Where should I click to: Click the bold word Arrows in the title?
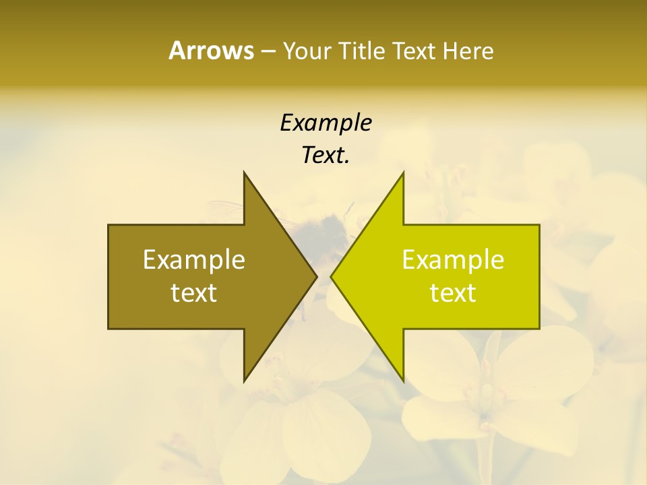click(211, 51)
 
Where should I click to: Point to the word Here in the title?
click(468, 51)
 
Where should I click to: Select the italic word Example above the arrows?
click(326, 123)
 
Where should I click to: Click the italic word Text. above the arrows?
click(326, 156)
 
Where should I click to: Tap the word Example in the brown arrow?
click(194, 259)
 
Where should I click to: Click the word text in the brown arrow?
click(194, 293)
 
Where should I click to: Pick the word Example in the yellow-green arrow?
click(453, 259)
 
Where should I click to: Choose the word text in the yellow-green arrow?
click(453, 293)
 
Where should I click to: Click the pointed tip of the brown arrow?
click(315, 276)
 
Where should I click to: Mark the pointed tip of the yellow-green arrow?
click(332, 276)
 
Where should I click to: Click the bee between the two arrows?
click(327, 229)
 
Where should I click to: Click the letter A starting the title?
click(177, 51)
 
